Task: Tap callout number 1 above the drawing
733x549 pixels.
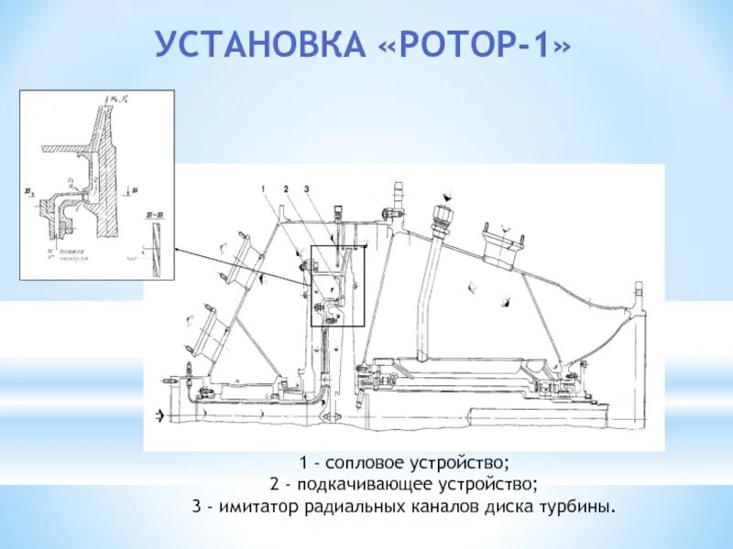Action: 262,188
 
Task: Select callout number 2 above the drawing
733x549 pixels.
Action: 286,188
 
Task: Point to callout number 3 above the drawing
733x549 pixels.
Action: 309,188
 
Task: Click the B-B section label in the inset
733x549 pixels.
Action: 153,212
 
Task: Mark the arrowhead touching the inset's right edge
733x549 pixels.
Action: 175,248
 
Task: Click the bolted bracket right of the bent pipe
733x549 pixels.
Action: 504,237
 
